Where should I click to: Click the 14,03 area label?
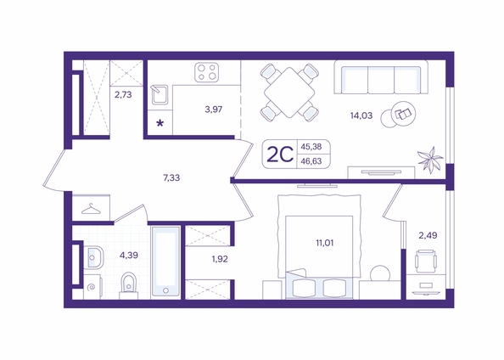tap(361, 115)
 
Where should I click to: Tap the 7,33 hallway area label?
tap(171, 177)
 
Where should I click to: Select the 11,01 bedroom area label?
tap(325, 243)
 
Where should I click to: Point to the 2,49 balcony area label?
tap(428, 235)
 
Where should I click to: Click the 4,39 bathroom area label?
tap(129, 256)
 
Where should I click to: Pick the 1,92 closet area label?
tap(220, 259)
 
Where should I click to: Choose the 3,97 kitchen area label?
tap(214, 110)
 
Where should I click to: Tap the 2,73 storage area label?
tap(123, 95)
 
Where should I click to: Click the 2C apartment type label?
tap(280, 155)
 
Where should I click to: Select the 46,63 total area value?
tap(311, 161)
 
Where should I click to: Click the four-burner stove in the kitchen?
tap(207, 72)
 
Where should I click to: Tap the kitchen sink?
tap(160, 94)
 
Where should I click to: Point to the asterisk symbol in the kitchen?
tap(160, 123)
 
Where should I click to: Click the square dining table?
tap(289, 93)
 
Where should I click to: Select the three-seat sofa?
tap(381, 77)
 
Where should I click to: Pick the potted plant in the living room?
tap(429, 160)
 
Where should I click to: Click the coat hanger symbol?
tap(91, 209)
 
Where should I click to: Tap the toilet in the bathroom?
tap(129, 285)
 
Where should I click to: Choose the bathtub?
tap(165, 262)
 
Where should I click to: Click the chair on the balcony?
tap(426, 261)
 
